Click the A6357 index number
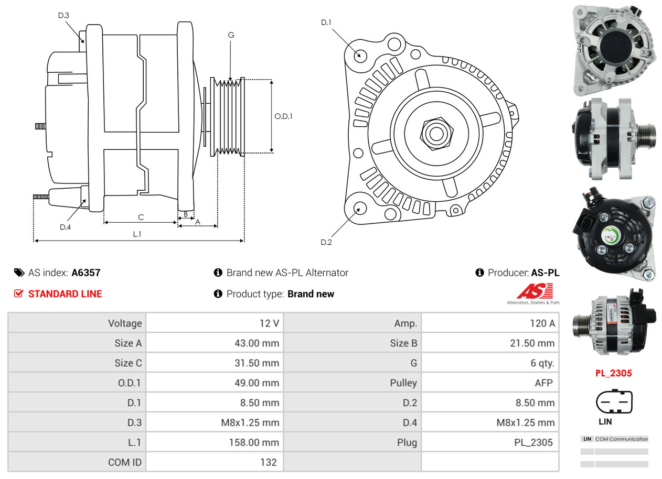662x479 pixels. pyautogui.click(x=86, y=273)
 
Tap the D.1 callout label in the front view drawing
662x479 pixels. pyautogui.click(x=326, y=23)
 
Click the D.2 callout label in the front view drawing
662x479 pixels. pyautogui.click(x=326, y=242)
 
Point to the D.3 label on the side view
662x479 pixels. pyautogui.click(x=63, y=15)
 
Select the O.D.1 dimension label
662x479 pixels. pyautogui.click(x=283, y=116)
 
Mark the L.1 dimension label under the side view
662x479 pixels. pyautogui.click(x=137, y=234)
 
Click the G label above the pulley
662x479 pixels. pyautogui.click(x=231, y=35)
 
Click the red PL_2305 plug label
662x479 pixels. pyautogui.click(x=613, y=373)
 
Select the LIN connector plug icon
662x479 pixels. pyautogui.click(x=614, y=401)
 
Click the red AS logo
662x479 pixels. pyautogui.click(x=535, y=290)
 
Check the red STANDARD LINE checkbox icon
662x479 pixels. pyautogui.click(x=19, y=293)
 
